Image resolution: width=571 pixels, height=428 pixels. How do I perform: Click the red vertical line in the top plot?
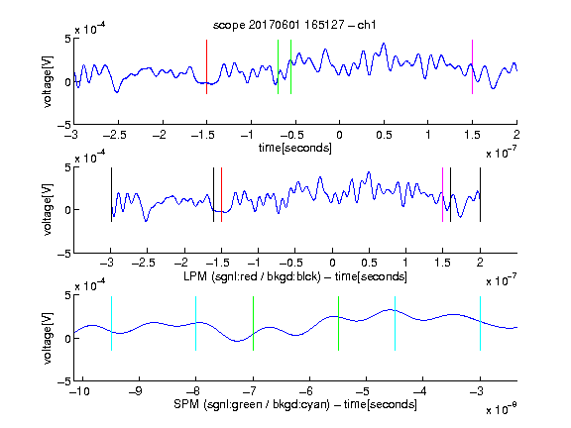click(206, 67)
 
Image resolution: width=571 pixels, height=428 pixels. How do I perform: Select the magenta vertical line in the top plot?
click(472, 67)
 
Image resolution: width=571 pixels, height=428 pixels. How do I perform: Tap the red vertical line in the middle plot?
click(221, 195)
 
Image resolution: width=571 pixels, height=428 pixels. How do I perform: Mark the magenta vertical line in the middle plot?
click(442, 195)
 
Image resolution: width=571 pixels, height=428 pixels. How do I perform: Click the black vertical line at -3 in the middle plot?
click(111, 195)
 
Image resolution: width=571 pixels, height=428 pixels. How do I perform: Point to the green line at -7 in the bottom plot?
click(253, 324)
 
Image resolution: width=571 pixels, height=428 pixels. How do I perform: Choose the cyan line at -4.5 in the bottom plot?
click(396, 324)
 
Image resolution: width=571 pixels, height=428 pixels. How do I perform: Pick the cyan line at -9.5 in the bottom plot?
click(111, 324)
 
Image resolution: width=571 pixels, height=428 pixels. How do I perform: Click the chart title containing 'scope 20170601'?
click(294, 25)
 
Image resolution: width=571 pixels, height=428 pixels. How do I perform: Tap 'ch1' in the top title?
click(367, 25)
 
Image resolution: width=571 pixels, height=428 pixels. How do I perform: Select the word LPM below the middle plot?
click(195, 276)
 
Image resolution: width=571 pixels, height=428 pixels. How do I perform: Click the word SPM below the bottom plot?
click(186, 404)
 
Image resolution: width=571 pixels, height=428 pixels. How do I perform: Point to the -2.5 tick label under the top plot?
click(115, 135)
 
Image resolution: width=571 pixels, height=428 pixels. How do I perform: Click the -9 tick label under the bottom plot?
click(136, 391)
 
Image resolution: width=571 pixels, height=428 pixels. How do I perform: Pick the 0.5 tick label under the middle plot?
click(369, 263)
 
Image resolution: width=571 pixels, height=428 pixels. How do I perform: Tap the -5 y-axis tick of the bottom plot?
click(63, 381)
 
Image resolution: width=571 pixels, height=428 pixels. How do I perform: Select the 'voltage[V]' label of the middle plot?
click(48, 209)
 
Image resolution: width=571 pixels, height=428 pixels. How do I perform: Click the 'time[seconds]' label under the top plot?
click(295, 148)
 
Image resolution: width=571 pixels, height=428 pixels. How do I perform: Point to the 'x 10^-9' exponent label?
click(501, 409)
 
